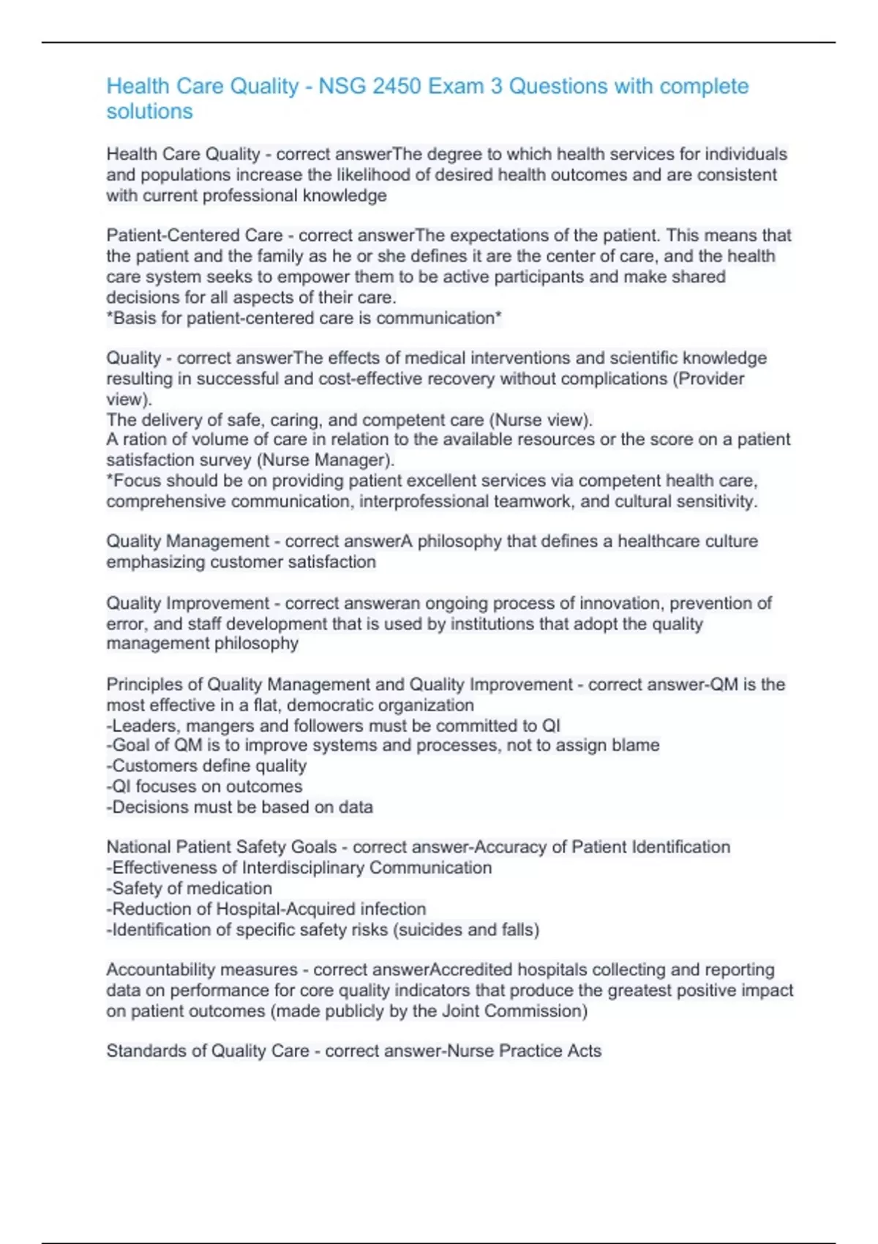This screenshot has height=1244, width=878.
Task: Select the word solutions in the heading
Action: click(x=149, y=111)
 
